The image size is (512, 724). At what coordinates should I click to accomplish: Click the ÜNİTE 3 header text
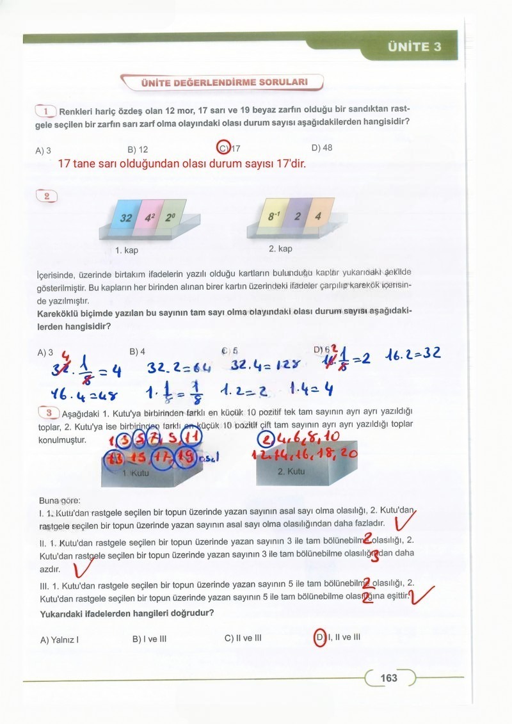click(x=414, y=47)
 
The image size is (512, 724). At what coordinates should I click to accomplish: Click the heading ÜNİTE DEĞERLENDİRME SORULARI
click(x=224, y=83)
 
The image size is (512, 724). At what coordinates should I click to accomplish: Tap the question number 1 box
click(x=47, y=111)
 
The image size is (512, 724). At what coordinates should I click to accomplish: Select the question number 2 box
click(x=47, y=196)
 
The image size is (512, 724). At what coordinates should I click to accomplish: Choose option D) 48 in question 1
click(x=321, y=148)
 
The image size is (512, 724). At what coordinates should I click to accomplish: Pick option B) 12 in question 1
click(x=138, y=149)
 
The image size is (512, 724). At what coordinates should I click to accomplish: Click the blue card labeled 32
click(x=125, y=218)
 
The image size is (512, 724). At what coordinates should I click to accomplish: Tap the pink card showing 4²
click(x=150, y=218)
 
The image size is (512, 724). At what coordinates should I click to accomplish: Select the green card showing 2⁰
click(x=170, y=217)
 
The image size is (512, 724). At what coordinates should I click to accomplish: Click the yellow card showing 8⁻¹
click(x=275, y=216)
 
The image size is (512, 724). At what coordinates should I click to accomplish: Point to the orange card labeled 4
click(x=318, y=216)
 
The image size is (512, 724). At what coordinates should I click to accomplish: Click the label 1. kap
click(x=127, y=250)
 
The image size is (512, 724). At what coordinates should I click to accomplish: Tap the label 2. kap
click(x=280, y=248)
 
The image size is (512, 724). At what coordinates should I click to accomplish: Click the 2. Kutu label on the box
click(x=291, y=471)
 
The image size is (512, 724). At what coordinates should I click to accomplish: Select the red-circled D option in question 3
click(x=320, y=638)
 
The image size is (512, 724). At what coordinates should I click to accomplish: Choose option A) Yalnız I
click(x=60, y=640)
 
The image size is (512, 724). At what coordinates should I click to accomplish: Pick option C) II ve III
click(x=243, y=638)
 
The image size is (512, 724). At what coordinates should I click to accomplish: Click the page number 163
click(x=388, y=678)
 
